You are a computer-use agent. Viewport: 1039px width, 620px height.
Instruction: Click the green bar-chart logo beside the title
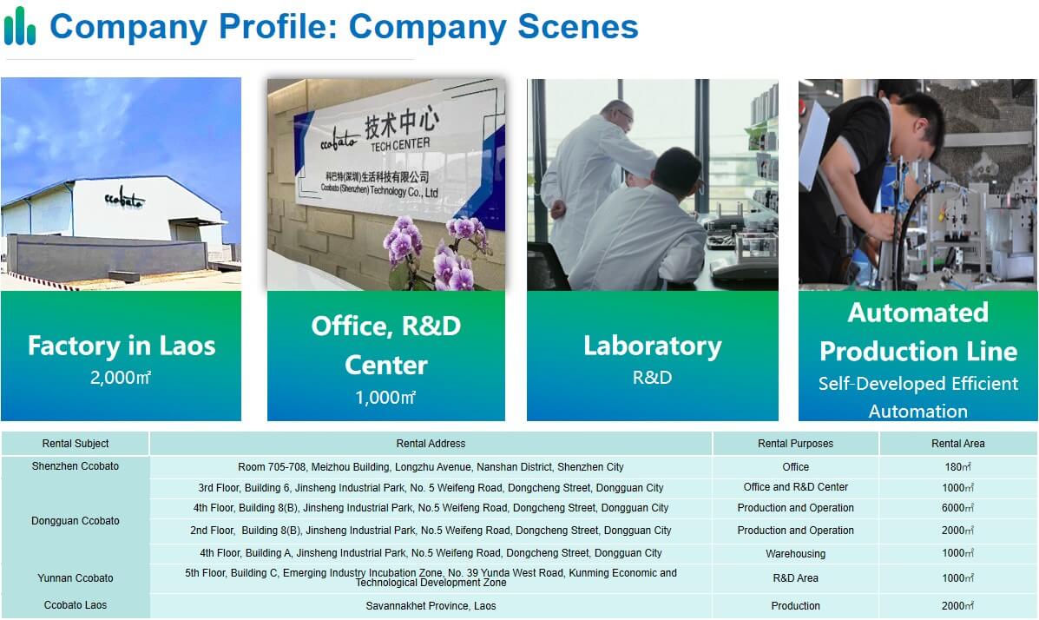(19, 26)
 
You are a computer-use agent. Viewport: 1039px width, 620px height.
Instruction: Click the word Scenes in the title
(578, 27)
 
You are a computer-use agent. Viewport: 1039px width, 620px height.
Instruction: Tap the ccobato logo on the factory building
(124, 198)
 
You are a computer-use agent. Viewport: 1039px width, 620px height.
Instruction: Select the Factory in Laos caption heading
(122, 346)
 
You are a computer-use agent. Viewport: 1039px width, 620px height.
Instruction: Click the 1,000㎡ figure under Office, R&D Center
(385, 397)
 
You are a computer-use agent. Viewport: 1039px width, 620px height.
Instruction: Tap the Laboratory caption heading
(653, 346)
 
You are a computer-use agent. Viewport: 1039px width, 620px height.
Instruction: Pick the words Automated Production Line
(918, 332)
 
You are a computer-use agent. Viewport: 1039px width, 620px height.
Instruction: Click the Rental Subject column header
(76, 444)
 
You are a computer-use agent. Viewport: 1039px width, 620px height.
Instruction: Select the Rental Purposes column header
(796, 444)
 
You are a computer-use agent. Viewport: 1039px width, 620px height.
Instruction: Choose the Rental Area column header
(958, 444)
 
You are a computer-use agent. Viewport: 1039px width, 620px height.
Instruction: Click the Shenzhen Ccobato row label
(76, 466)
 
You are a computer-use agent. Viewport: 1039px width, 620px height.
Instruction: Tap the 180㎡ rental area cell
(958, 467)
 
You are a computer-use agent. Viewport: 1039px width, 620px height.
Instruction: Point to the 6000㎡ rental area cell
(958, 508)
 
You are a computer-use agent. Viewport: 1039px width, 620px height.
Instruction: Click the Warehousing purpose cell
(796, 554)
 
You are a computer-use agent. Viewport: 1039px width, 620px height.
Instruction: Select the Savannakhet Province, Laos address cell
(431, 606)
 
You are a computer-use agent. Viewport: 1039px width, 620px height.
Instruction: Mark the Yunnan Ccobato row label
(76, 578)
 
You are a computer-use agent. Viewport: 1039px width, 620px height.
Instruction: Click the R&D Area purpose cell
(796, 578)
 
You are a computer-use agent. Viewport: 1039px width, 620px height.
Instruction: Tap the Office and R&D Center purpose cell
(796, 487)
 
